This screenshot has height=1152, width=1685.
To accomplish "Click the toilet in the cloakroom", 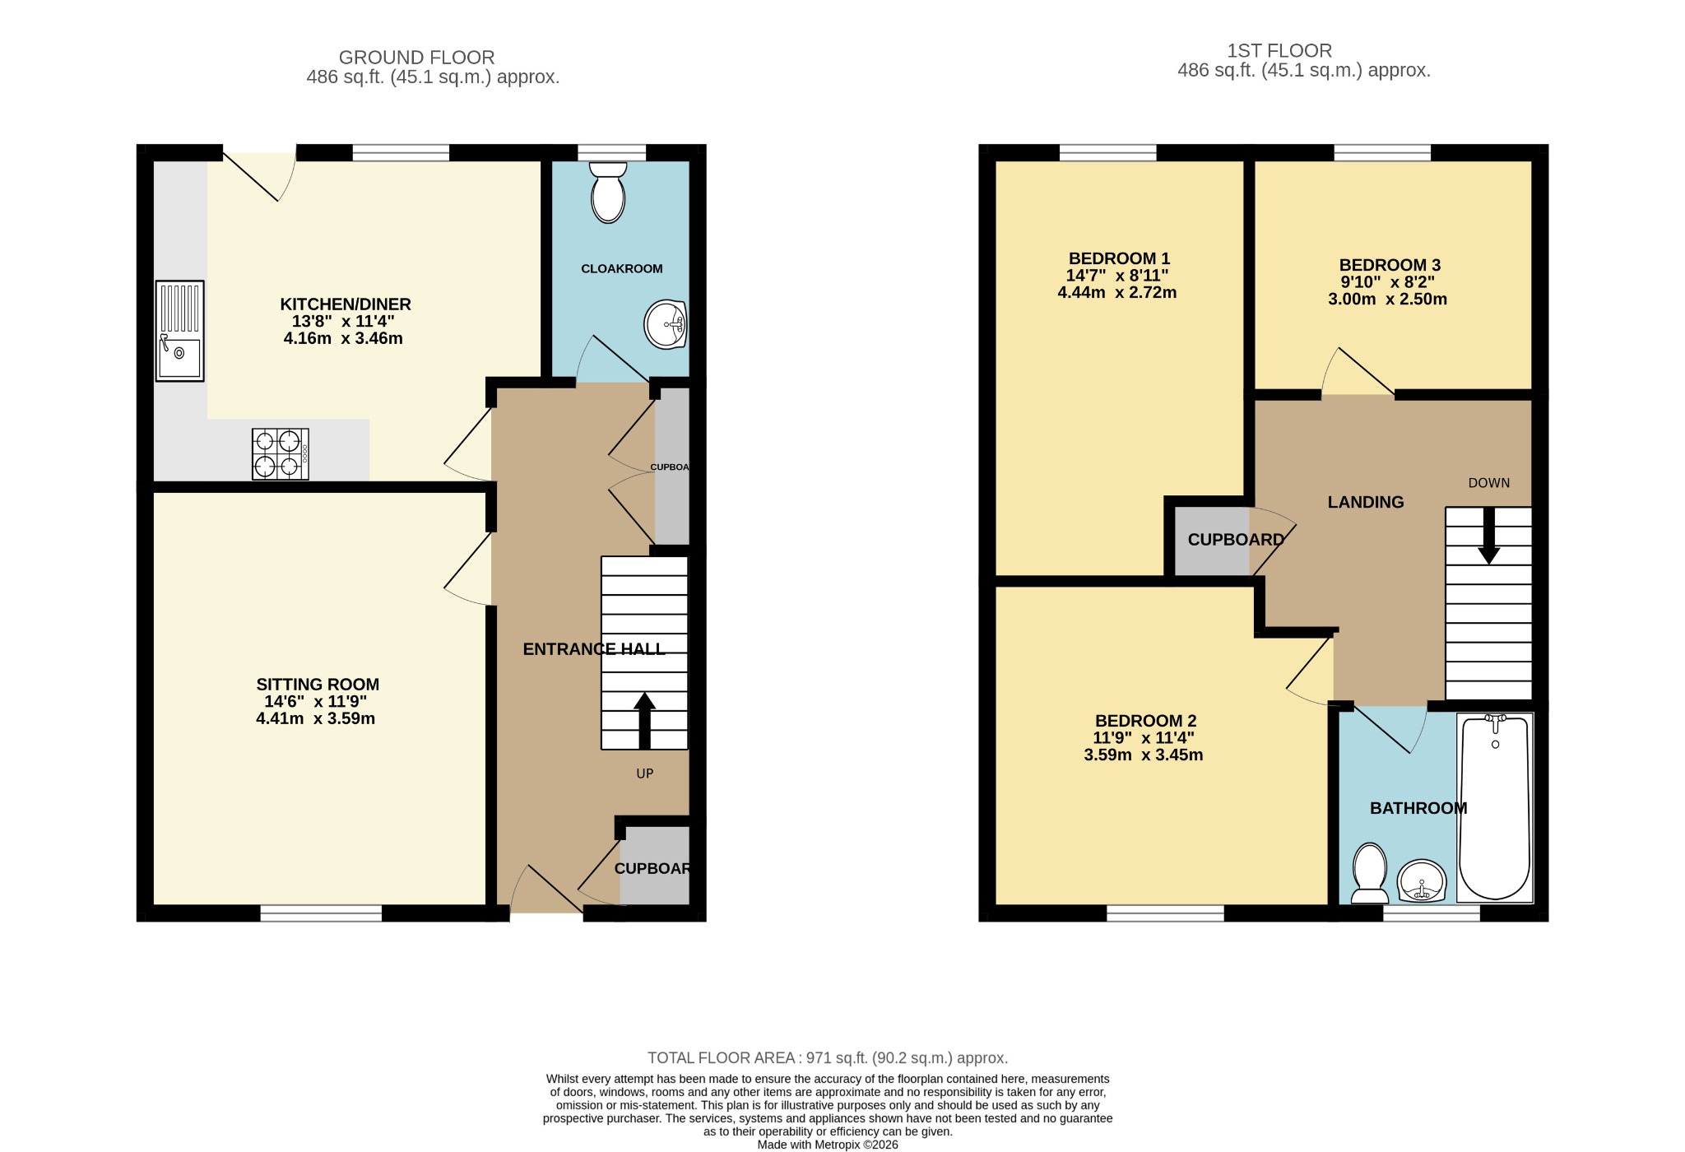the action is pyautogui.click(x=609, y=192).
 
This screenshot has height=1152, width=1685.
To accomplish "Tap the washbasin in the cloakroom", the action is pyautogui.click(x=666, y=325).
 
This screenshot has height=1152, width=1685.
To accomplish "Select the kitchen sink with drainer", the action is pyautogui.click(x=179, y=331).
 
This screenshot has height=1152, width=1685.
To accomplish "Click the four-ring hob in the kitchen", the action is pyautogui.click(x=281, y=453).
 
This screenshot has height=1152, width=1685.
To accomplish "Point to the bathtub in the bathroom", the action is pyautogui.click(x=1495, y=807).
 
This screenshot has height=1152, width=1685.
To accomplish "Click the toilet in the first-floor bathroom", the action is pyautogui.click(x=1370, y=872).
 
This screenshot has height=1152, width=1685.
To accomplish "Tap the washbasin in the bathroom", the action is pyautogui.click(x=1423, y=881).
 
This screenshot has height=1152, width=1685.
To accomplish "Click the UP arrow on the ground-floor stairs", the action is pyautogui.click(x=644, y=721).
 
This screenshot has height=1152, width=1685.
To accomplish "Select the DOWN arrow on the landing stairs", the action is pyautogui.click(x=1488, y=536).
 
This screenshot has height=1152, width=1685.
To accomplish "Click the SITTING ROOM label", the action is pyautogui.click(x=318, y=684).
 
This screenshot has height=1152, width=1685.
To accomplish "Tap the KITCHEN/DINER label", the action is pyautogui.click(x=346, y=304).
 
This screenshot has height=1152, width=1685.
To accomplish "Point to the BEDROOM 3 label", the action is pyautogui.click(x=1390, y=265).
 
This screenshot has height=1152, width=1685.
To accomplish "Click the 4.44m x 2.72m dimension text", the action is pyautogui.click(x=1117, y=292).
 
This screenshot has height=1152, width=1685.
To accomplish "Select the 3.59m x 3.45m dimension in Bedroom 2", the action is pyautogui.click(x=1144, y=755).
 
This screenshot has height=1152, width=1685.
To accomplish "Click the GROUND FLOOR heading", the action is pyautogui.click(x=417, y=58).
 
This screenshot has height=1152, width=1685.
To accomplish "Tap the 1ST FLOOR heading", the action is pyautogui.click(x=1279, y=50).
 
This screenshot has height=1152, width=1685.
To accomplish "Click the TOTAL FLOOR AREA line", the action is pyautogui.click(x=828, y=1058).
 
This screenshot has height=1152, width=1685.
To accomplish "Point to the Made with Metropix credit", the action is pyautogui.click(x=828, y=1145).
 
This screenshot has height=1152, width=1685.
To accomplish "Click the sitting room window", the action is pyautogui.click(x=321, y=913).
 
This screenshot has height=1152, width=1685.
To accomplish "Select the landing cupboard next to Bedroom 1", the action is pyautogui.click(x=1211, y=541).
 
